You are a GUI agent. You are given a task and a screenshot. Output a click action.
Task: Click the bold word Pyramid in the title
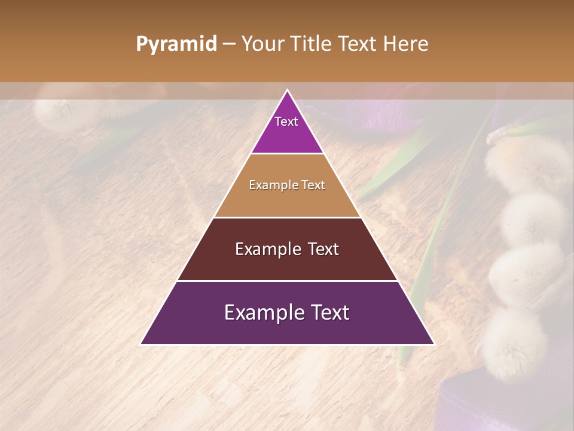176,44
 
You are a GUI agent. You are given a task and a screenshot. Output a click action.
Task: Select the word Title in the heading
313,44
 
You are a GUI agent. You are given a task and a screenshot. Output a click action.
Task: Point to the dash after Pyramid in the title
229,44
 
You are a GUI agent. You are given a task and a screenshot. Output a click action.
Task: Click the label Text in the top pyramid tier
286,122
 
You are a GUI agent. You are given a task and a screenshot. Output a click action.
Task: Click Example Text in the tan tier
287,185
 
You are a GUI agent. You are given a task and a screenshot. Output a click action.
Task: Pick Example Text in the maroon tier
287,249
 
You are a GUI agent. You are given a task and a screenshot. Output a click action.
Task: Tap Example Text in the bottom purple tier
287,312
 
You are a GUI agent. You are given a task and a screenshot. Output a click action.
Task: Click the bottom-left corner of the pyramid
141,344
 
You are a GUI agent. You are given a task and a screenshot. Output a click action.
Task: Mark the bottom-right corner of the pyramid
434,344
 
